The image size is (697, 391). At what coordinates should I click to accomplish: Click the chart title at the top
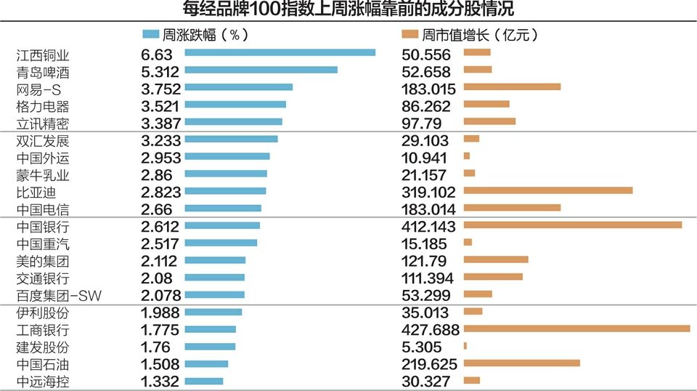click(348, 9)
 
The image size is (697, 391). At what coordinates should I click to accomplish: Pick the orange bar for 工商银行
click(576, 329)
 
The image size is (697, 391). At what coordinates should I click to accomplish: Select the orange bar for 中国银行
click(572, 225)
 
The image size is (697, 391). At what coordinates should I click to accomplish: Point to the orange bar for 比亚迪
click(547, 190)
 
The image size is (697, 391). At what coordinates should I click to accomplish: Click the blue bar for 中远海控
click(204, 381)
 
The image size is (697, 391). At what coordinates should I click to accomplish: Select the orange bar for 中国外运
click(466, 156)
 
